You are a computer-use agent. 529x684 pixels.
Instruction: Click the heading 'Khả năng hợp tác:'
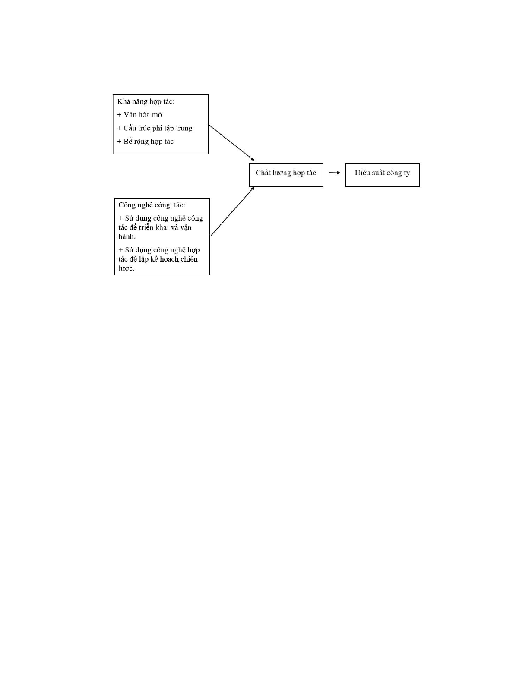click(146, 102)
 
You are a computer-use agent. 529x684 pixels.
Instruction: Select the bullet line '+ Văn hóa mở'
click(139, 115)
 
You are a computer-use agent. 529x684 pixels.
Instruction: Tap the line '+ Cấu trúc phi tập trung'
click(155, 128)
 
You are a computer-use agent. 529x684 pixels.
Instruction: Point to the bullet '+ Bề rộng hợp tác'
click(145, 142)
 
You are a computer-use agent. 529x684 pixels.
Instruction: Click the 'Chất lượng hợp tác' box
click(286, 175)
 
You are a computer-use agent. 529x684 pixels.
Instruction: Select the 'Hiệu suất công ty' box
click(382, 175)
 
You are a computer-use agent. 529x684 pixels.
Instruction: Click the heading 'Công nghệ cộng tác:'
click(152, 205)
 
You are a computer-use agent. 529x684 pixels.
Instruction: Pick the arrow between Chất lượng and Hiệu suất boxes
click(334, 173)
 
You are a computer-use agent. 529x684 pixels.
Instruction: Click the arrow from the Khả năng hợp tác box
click(231, 142)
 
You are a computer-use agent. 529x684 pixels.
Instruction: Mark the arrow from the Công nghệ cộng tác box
click(233, 211)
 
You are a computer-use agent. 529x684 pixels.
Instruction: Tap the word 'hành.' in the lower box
click(127, 237)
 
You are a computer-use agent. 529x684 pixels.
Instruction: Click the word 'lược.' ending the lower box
click(126, 268)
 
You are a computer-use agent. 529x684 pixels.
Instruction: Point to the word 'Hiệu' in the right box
click(362, 173)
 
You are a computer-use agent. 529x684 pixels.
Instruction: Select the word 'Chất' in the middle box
click(263, 173)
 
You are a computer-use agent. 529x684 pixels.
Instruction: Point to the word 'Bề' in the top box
click(127, 142)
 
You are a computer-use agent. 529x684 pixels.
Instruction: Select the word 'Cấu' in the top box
click(130, 128)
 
